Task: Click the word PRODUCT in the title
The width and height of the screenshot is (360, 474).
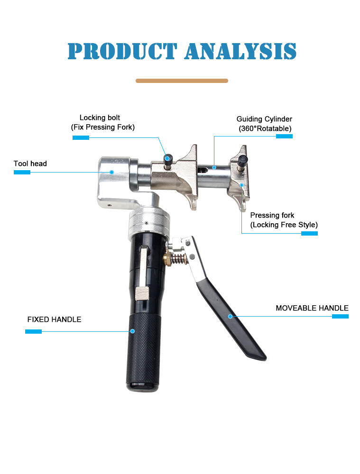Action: click(x=122, y=51)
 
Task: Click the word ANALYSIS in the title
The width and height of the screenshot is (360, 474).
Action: click(x=240, y=51)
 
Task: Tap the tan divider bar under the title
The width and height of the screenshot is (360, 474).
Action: click(x=182, y=81)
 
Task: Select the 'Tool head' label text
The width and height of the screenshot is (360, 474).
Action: click(x=30, y=164)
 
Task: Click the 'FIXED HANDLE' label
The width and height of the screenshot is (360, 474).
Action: click(x=55, y=319)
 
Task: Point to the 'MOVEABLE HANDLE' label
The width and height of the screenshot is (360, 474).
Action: click(x=312, y=308)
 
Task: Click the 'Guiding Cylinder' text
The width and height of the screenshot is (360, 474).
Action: click(x=264, y=119)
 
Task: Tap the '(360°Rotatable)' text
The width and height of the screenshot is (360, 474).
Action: click(x=265, y=128)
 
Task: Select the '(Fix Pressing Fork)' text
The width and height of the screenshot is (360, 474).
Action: click(x=103, y=127)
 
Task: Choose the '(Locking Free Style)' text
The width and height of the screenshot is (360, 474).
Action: click(x=284, y=225)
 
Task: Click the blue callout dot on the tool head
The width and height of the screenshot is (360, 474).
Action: click(x=111, y=172)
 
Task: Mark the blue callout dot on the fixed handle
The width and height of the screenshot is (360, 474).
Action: click(x=132, y=331)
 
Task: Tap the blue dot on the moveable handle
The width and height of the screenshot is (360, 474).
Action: click(x=230, y=316)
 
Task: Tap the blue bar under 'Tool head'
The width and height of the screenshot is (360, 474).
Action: click(x=22, y=173)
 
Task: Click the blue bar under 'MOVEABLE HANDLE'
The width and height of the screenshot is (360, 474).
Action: click(x=341, y=316)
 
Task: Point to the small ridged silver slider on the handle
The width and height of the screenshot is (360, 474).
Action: click(x=142, y=294)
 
